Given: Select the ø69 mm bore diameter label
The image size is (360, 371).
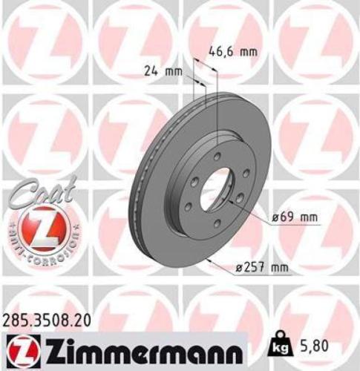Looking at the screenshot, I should pyautogui.click(x=294, y=217).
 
